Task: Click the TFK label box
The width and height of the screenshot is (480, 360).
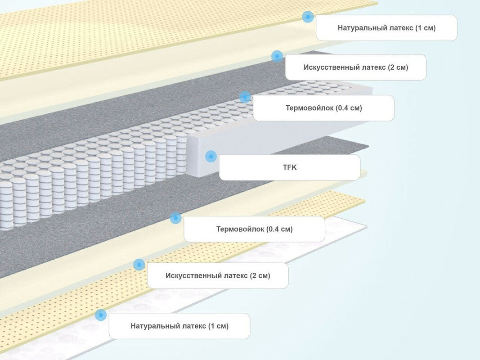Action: [x=289, y=167]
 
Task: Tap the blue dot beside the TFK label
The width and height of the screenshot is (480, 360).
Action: [x=211, y=156]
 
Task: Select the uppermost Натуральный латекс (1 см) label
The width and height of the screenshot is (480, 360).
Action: [x=386, y=28]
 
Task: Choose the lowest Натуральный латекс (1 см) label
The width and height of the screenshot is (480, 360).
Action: [x=179, y=326]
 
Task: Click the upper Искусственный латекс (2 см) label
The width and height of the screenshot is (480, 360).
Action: [x=355, y=67]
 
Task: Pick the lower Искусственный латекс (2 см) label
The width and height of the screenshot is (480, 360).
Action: [x=218, y=276]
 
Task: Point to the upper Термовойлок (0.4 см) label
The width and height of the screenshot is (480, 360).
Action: [x=323, y=108]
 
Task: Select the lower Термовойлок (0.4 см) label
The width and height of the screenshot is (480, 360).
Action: [x=254, y=229]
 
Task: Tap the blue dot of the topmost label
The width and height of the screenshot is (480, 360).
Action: [x=308, y=17]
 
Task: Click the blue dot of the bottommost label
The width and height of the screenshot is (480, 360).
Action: [x=101, y=315]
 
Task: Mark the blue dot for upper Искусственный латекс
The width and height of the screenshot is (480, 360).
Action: [x=277, y=56]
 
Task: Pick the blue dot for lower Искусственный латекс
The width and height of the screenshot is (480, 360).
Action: [x=139, y=265]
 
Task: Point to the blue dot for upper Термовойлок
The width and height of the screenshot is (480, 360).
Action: [x=245, y=97]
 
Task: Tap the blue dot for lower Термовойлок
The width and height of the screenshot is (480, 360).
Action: [x=175, y=218]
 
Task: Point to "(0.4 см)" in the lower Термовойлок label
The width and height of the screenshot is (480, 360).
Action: [x=279, y=229]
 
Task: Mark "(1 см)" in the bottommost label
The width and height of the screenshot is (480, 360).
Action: [x=218, y=326]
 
